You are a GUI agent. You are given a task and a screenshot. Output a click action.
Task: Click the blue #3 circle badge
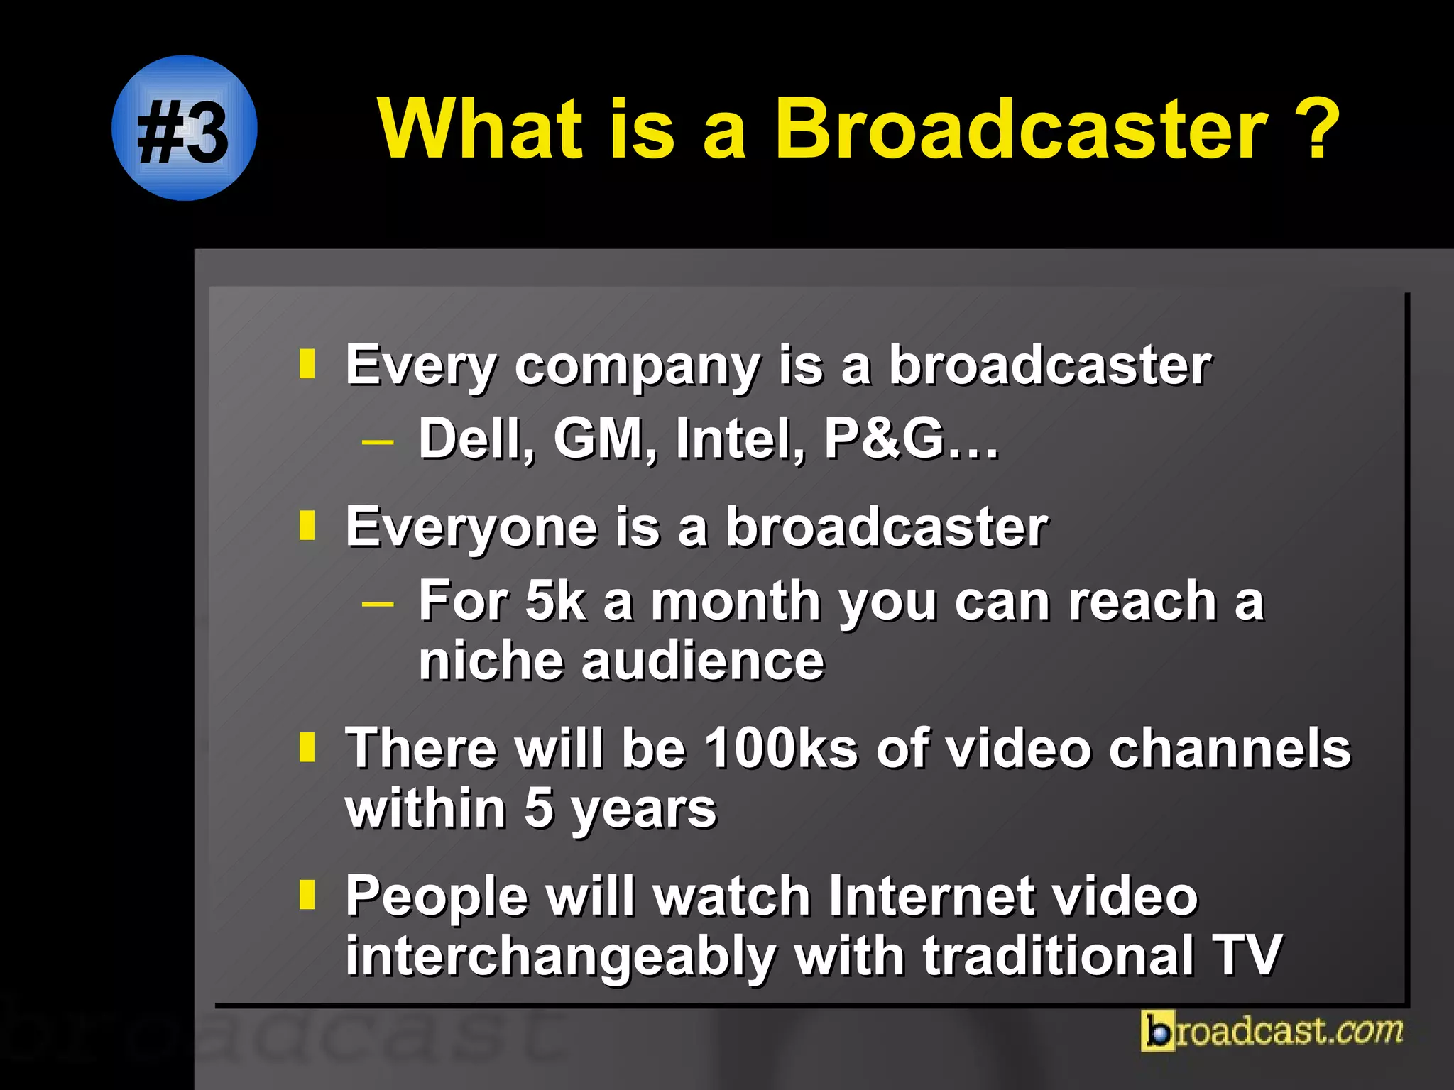185,128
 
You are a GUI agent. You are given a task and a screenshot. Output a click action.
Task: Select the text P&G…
911,439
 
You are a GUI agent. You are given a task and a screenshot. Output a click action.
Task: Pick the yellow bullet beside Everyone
307,526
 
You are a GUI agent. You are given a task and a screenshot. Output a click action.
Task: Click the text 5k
555,601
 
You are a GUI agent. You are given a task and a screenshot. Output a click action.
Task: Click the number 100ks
781,748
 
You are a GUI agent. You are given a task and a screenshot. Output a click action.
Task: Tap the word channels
1230,748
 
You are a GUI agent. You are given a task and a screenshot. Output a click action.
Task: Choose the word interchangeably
561,956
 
